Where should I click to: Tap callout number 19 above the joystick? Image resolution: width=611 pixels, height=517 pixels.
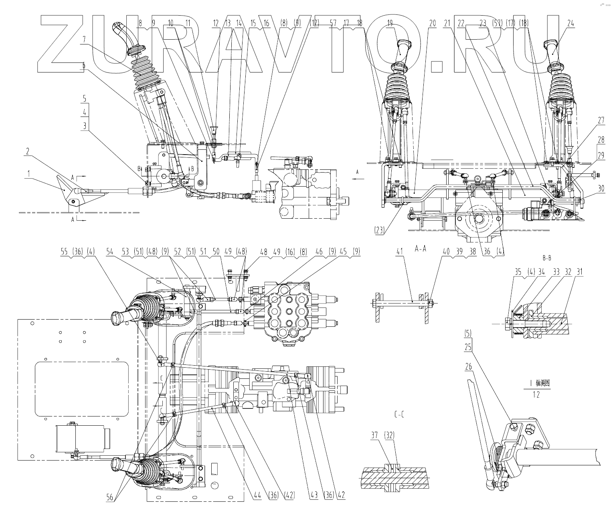[390, 24]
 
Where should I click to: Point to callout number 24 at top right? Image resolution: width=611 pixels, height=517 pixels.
[571, 24]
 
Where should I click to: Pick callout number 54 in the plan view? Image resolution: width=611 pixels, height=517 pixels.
[109, 251]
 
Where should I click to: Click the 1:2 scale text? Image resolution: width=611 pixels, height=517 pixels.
[536, 395]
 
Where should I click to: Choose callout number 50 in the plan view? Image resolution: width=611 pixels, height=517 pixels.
[217, 251]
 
